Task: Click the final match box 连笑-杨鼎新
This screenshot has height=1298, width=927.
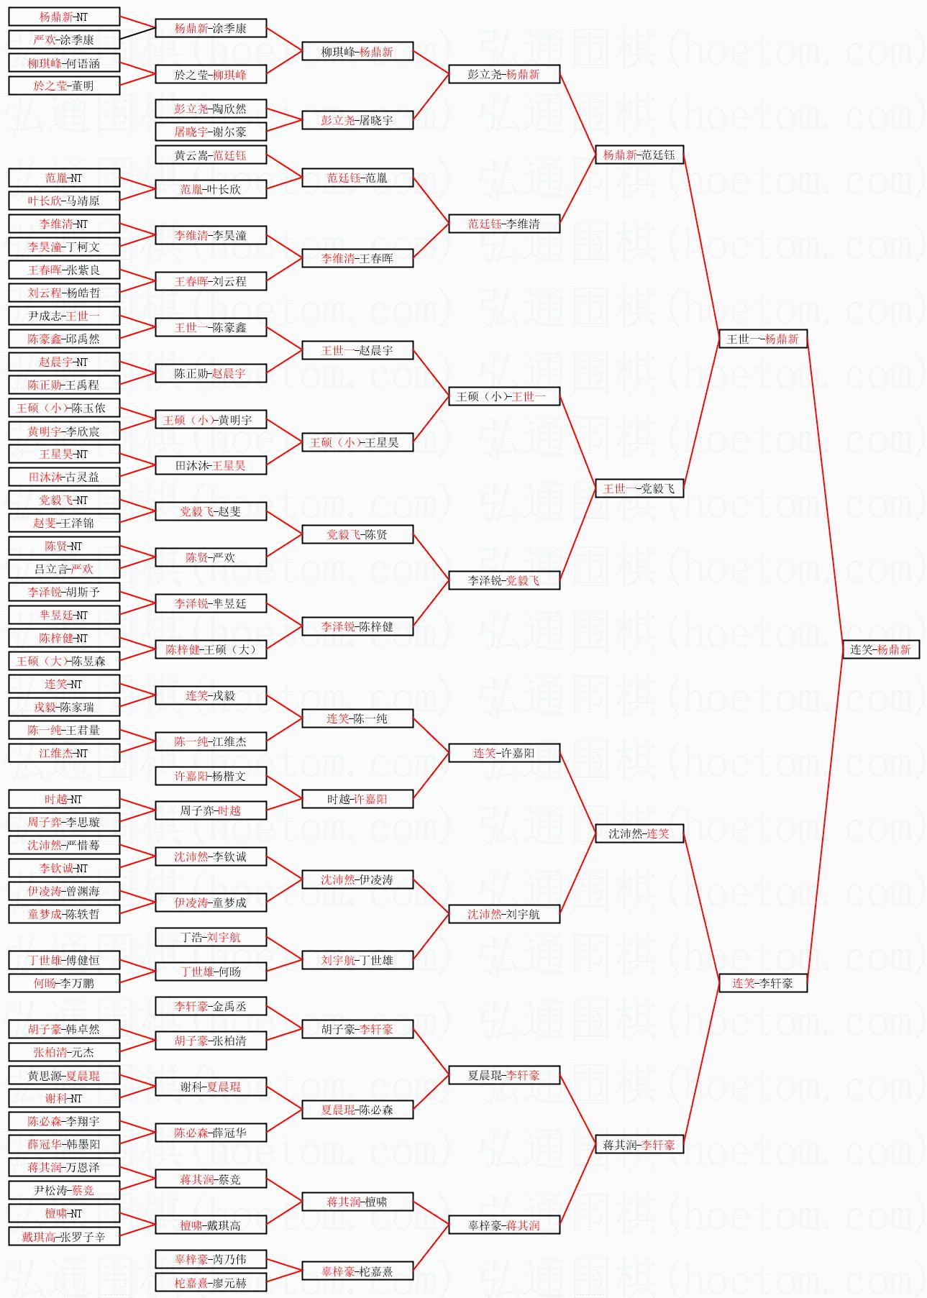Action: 880,649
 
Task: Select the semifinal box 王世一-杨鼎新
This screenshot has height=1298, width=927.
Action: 762,339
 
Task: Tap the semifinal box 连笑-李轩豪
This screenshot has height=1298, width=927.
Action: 762,983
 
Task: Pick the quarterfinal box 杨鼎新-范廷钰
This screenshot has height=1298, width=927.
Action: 639,155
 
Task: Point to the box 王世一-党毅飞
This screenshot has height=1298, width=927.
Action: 639,488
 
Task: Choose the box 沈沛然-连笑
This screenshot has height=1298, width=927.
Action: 639,833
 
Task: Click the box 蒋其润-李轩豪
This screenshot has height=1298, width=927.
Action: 639,1144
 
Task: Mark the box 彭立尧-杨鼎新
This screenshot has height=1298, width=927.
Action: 503,74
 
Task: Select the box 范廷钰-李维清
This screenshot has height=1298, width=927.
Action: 503,224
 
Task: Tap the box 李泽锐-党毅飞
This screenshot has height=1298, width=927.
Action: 503,580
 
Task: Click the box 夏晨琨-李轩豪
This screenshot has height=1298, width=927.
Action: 503,1075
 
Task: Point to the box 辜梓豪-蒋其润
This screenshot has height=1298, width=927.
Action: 503,1225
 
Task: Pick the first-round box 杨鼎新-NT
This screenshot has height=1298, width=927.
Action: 64,17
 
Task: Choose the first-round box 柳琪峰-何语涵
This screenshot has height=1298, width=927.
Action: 64,63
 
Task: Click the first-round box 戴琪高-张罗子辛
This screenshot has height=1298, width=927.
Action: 64,1236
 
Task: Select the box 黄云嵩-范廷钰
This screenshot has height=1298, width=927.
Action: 211,155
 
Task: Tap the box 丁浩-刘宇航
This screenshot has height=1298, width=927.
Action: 211,937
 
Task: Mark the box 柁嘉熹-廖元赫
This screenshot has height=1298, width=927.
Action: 211,1282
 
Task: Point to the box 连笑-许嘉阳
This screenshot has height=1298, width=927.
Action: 503,753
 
